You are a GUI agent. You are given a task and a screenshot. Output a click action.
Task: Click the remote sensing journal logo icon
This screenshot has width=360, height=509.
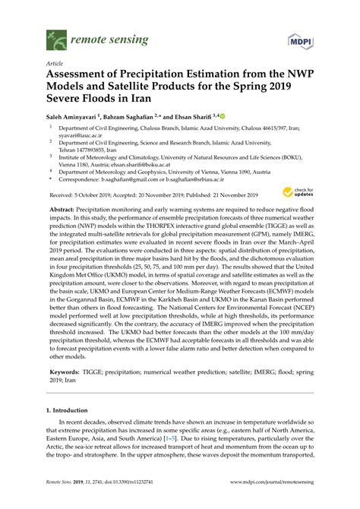pos(56,35)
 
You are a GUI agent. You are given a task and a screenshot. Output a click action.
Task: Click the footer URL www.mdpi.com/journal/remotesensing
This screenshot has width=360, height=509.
pos(265,503)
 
